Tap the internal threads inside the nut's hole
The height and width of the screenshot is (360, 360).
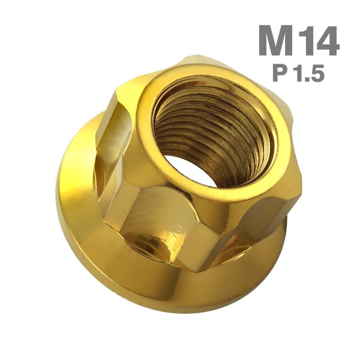210,126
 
